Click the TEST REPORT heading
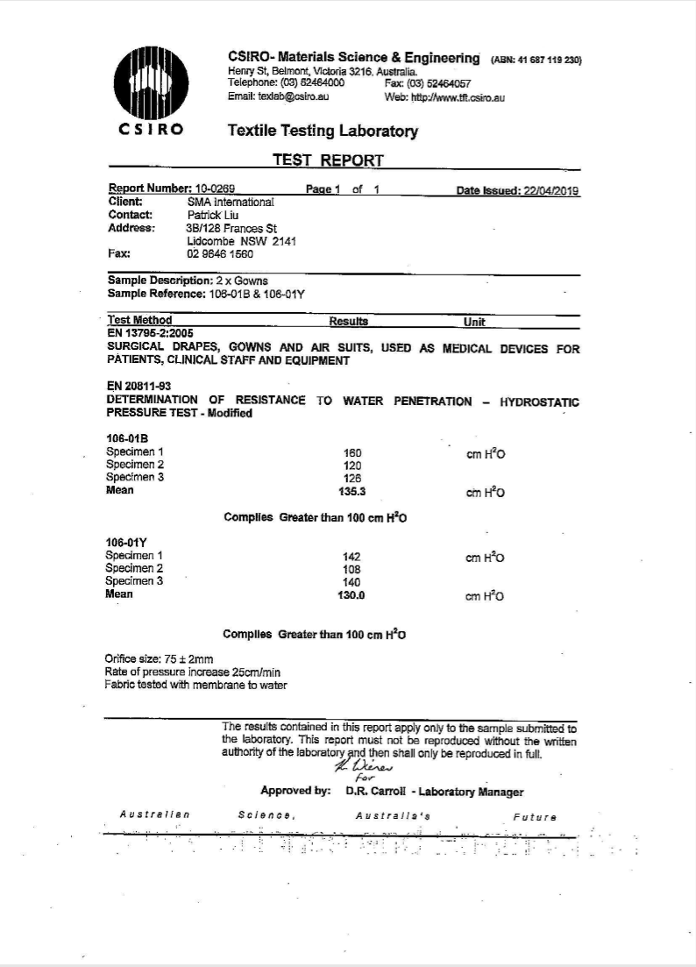tap(328, 160)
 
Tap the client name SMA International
tap(231, 202)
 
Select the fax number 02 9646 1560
tap(220, 254)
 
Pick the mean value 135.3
tap(352, 492)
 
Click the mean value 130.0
tap(352, 595)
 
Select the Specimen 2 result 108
tap(352, 569)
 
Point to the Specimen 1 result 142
tap(352, 557)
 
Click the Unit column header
tap(474, 322)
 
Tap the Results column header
tap(349, 322)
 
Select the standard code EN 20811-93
tap(138, 387)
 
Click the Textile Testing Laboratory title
tap(323, 132)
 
